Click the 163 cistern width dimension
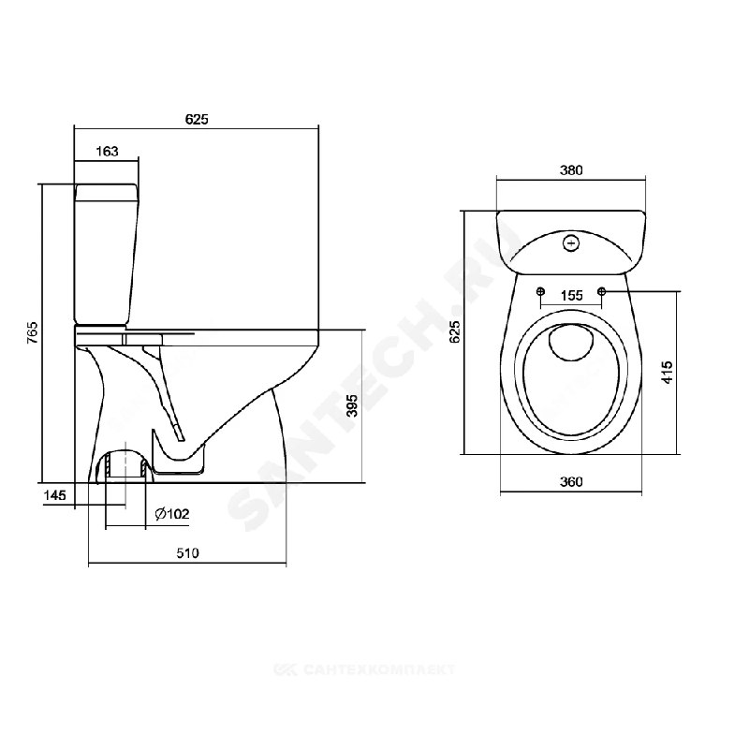(x=107, y=152)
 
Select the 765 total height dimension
(x=33, y=332)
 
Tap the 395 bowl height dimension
(x=352, y=405)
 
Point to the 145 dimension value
(x=55, y=495)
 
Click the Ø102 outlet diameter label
(x=172, y=514)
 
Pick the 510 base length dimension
(x=187, y=553)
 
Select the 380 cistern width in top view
(x=571, y=170)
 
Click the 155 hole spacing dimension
(x=571, y=296)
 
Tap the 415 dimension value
(x=668, y=372)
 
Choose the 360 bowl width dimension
(x=571, y=481)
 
